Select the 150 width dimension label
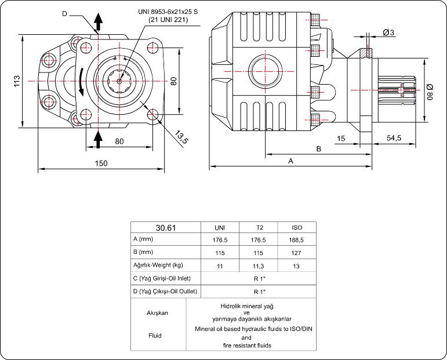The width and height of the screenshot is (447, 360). click(101, 163)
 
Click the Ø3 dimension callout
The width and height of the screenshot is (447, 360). click(389, 33)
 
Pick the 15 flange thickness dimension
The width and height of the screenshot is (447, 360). click(341, 138)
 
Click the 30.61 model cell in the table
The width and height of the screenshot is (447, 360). click(166, 227)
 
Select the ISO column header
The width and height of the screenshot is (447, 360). click(297, 227)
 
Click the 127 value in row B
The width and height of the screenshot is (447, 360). click(297, 253)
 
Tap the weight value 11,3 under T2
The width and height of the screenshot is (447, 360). click(259, 266)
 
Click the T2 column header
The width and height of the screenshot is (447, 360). click(259, 227)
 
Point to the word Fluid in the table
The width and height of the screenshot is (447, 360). click(155, 335)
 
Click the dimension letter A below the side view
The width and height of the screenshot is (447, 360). click(290, 162)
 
